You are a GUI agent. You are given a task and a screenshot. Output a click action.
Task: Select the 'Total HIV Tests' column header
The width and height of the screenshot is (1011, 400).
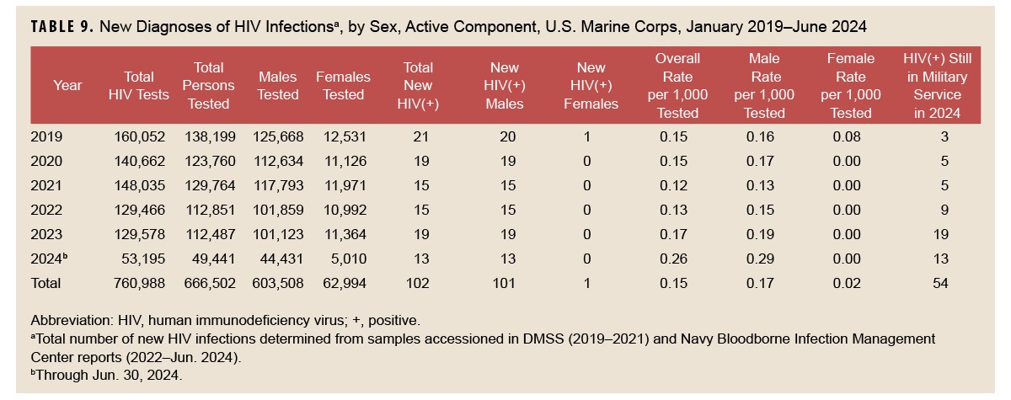coord(139,85)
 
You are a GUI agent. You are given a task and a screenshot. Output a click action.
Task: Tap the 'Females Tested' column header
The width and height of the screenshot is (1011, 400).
coord(343,85)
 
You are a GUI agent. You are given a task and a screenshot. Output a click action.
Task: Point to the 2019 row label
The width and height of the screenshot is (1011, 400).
coord(46,136)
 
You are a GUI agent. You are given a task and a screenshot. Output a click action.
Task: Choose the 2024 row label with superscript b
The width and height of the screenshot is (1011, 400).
coord(50,259)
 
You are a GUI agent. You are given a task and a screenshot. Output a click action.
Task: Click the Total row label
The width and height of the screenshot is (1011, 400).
coord(45,284)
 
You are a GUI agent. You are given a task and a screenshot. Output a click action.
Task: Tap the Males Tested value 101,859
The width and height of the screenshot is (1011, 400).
coord(278,210)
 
